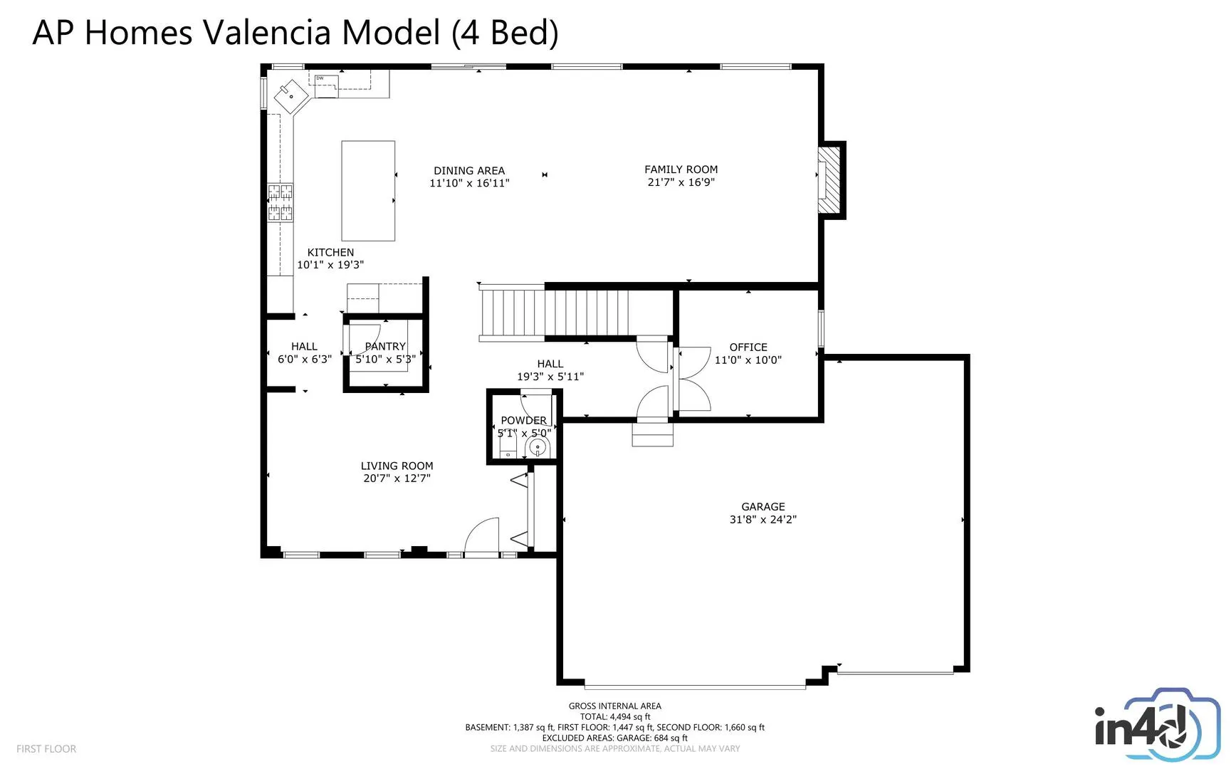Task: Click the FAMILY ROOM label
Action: tap(681, 169)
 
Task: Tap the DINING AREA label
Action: tap(469, 171)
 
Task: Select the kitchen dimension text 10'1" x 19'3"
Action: tap(330, 265)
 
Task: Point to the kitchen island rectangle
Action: tap(368, 191)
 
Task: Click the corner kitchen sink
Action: tap(291, 95)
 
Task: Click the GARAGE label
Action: tap(763, 507)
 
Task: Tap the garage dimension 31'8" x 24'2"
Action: tap(763, 520)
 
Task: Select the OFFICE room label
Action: tap(748, 347)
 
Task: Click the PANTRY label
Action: tap(385, 347)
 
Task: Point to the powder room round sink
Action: tap(538, 447)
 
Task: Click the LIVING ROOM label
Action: tap(397, 466)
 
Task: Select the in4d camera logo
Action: tap(1148, 724)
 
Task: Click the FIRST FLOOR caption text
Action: tap(46, 749)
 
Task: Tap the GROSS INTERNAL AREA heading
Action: tap(615, 706)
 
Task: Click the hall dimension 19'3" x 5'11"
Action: tap(550, 377)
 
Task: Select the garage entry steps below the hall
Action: tap(652, 434)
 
